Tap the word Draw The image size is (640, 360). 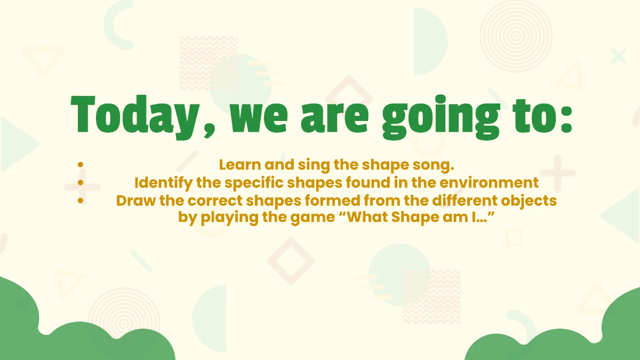133,201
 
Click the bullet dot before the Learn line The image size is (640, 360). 81,165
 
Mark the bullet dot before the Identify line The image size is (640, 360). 81,183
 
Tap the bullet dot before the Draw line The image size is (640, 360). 81,201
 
